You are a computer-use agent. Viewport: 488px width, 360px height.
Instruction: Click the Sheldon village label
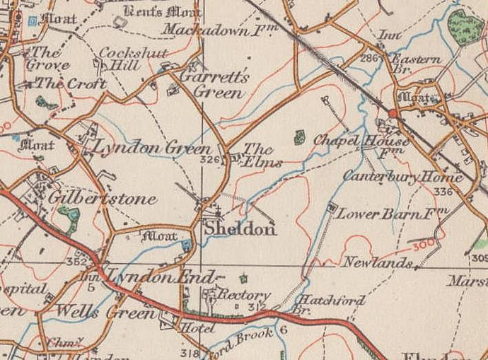[230, 229]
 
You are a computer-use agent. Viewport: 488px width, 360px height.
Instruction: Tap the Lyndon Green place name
[148, 149]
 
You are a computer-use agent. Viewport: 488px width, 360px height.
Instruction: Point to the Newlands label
[378, 263]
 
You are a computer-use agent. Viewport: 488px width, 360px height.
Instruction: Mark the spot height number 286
[368, 57]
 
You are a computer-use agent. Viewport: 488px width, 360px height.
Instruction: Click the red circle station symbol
[393, 113]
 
